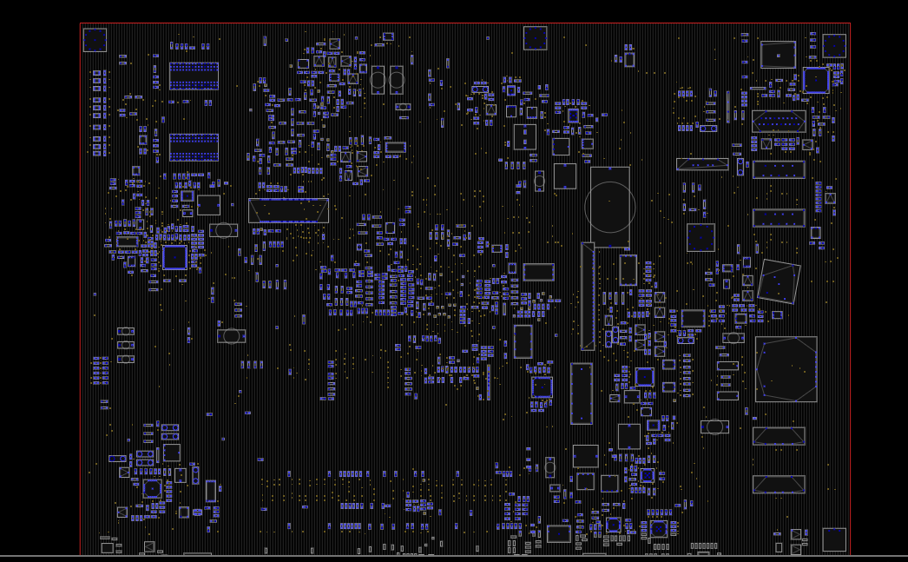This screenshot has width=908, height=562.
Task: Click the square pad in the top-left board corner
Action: click(x=95, y=40)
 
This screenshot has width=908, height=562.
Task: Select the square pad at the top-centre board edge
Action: click(x=535, y=38)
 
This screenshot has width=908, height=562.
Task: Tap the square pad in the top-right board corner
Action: click(x=834, y=46)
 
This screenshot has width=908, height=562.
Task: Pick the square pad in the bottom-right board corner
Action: click(x=834, y=539)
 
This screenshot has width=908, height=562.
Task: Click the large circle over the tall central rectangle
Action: click(x=610, y=207)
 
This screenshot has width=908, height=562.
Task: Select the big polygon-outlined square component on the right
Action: click(x=786, y=369)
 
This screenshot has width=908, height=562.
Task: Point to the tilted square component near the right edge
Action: click(x=779, y=281)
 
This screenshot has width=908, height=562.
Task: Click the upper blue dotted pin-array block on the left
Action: click(x=194, y=76)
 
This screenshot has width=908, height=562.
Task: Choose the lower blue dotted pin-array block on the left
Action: click(x=194, y=147)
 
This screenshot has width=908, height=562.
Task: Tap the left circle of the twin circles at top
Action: click(x=378, y=80)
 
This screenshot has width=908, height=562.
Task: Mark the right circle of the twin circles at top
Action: click(x=397, y=80)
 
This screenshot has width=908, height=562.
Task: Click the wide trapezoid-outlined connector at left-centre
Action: click(x=288, y=210)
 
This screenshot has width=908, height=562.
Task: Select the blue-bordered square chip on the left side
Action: click(x=174, y=257)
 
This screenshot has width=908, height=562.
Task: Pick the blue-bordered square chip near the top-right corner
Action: click(x=816, y=80)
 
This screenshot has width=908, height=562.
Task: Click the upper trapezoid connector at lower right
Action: click(x=779, y=436)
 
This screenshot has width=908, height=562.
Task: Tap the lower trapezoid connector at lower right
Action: click(x=779, y=484)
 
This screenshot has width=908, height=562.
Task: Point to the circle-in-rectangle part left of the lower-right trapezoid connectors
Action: click(x=714, y=426)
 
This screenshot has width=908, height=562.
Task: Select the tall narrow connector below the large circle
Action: click(x=588, y=296)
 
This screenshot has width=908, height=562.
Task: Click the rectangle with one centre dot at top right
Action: click(x=778, y=55)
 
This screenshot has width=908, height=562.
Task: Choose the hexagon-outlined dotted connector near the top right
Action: click(x=779, y=122)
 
